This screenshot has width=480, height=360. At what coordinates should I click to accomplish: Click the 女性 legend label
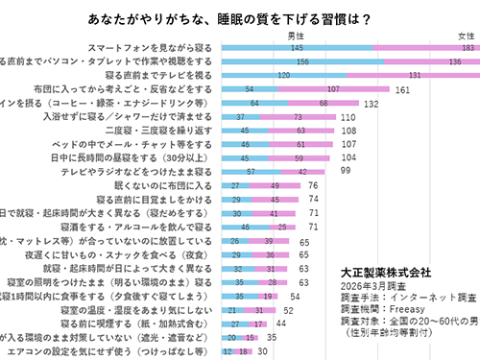tap(451, 36)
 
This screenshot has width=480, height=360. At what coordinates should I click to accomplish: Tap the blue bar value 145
tap(299, 47)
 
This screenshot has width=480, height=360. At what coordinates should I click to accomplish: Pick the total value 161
tap(403, 88)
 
